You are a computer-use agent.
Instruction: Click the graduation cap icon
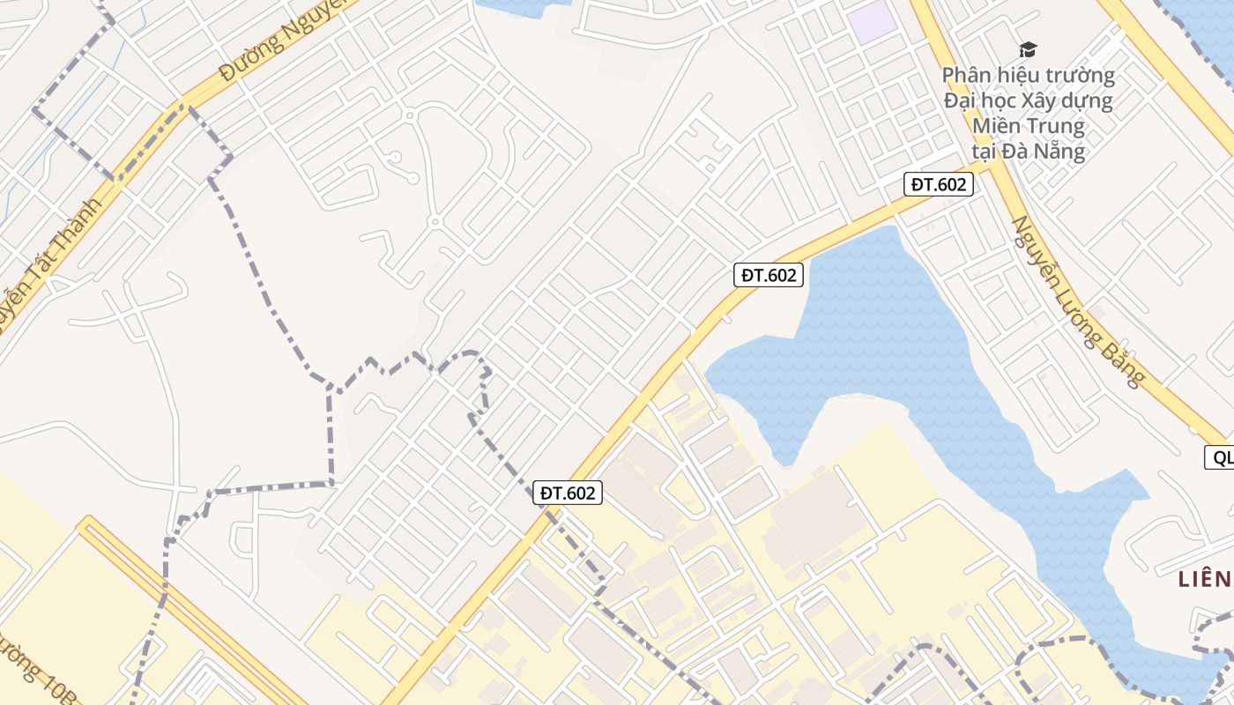[1029, 49]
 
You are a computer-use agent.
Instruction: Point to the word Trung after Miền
[1053, 125]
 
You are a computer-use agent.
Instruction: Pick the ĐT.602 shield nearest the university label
[939, 184]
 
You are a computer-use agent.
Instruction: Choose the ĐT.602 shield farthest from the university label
[569, 493]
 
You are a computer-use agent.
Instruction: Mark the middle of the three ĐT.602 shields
[769, 275]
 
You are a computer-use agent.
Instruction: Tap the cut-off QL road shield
[1220, 457]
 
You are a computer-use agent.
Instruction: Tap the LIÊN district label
[1204, 579]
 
